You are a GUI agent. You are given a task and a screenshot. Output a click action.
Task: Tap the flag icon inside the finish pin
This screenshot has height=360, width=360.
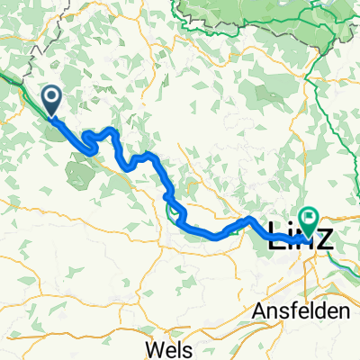(310, 216)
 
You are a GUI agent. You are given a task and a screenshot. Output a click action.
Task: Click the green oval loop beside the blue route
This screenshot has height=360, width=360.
(173, 212)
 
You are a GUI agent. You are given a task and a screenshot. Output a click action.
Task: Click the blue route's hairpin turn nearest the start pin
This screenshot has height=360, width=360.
(87, 137)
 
